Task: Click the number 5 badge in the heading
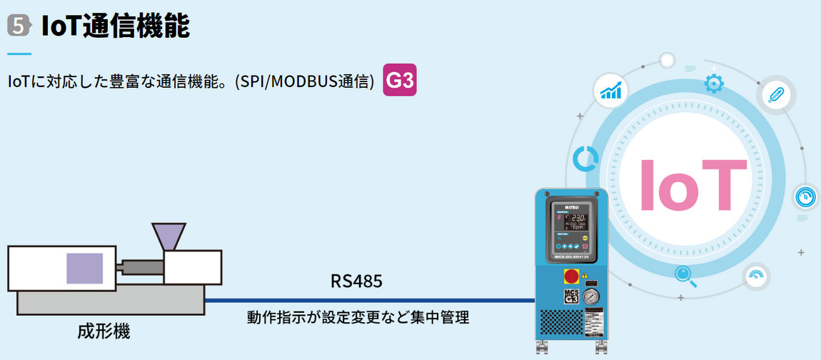click(19, 26)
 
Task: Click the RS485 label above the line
click(356, 281)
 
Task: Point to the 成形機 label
click(104, 331)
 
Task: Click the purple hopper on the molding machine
click(168, 236)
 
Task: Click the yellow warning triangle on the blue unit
click(585, 275)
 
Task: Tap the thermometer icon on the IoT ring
click(776, 93)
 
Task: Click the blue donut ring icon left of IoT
click(585, 159)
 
